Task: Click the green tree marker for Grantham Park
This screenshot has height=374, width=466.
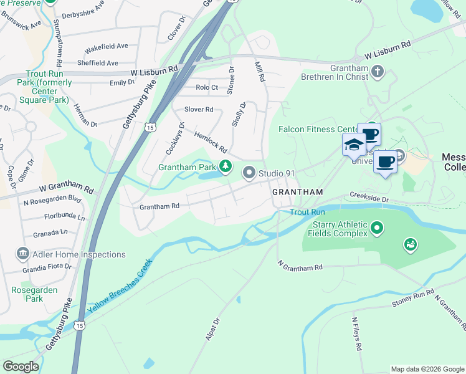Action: point(226,166)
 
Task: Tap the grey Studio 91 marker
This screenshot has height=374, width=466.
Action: point(250,173)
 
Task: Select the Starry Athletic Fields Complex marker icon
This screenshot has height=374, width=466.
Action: point(376,229)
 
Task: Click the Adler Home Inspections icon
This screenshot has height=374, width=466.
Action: point(22,254)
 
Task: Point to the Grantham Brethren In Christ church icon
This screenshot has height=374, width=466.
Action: point(377,72)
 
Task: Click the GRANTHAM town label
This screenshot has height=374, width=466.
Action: point(298,192)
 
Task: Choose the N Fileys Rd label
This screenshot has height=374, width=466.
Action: point(356,334)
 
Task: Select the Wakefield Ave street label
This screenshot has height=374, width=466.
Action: point(106,46)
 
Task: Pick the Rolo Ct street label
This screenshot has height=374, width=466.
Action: point(207,87)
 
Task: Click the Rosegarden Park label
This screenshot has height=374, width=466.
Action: point(35,294)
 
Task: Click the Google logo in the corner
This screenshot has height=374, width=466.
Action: point(21,367)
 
